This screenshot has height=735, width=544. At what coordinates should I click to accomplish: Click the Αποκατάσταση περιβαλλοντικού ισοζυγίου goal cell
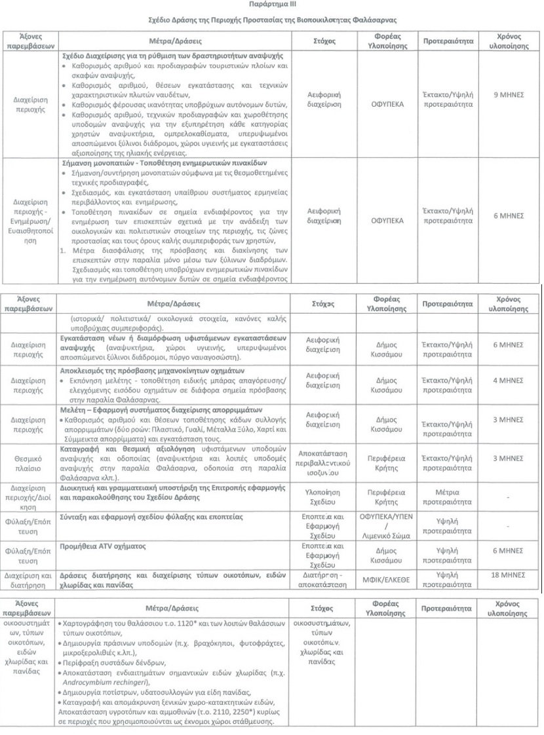pos(326,462)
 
